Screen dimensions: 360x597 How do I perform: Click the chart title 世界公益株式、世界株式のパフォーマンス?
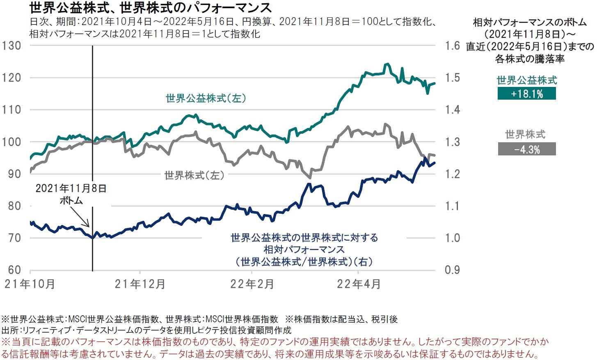(x=151, y=8)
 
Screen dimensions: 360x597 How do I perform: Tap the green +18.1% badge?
(x=526, y=94)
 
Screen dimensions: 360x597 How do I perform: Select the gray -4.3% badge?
(x=526, y=149)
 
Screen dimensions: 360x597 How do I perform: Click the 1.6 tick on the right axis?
(x=453, y=46)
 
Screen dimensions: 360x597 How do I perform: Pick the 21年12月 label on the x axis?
(x=140, y=284)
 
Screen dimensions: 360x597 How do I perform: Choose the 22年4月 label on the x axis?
(x=359, y=284)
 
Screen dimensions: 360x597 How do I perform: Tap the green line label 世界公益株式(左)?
(x=206, y=98)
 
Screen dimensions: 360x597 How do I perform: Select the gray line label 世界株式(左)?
(x=194, y=175)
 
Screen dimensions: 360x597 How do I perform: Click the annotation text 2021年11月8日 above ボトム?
(x=71, y=189)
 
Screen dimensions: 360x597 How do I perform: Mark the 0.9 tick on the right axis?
(x=453, y=270)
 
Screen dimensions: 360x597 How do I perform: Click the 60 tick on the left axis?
(x=14, y=270)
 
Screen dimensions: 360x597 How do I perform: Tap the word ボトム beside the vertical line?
(x=71, y=201)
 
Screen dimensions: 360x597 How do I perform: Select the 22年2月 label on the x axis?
(x=252, y=284)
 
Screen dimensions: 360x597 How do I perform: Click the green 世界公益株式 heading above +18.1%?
(x=526, y=80)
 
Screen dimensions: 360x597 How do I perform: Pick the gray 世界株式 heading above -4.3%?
(x=525, y=134)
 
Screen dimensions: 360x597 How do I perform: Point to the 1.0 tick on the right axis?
(x=453, y=238)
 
